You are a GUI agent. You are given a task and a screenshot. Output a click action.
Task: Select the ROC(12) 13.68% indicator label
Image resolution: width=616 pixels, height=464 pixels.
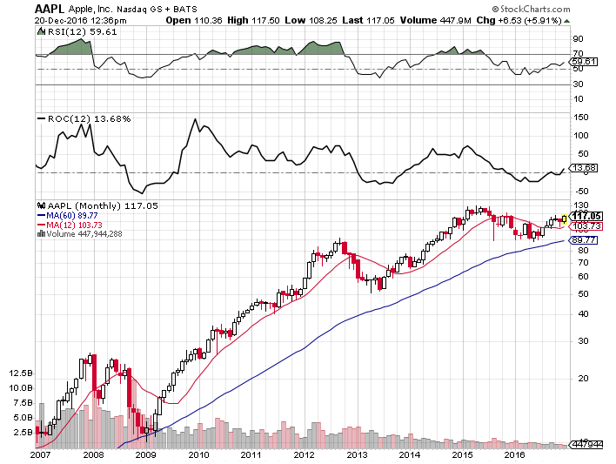pyautogui.click(x=81, y=118)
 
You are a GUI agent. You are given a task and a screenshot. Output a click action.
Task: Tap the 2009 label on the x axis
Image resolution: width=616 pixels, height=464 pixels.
pyautogui.click(x=146, y=454)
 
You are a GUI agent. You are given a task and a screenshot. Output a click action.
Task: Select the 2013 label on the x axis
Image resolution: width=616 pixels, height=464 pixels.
pyautogui.click(x=358, y=454)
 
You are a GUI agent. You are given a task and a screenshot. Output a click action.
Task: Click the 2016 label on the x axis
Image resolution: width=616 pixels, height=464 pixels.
pyautogui.click(x=515, y=454)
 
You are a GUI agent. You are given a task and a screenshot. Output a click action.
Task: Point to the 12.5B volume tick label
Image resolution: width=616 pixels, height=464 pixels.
pyautogui.click(x=21, y=373)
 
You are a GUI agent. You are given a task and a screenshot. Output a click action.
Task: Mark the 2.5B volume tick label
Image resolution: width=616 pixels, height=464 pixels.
pyautogui.click(x=23, y=431)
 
